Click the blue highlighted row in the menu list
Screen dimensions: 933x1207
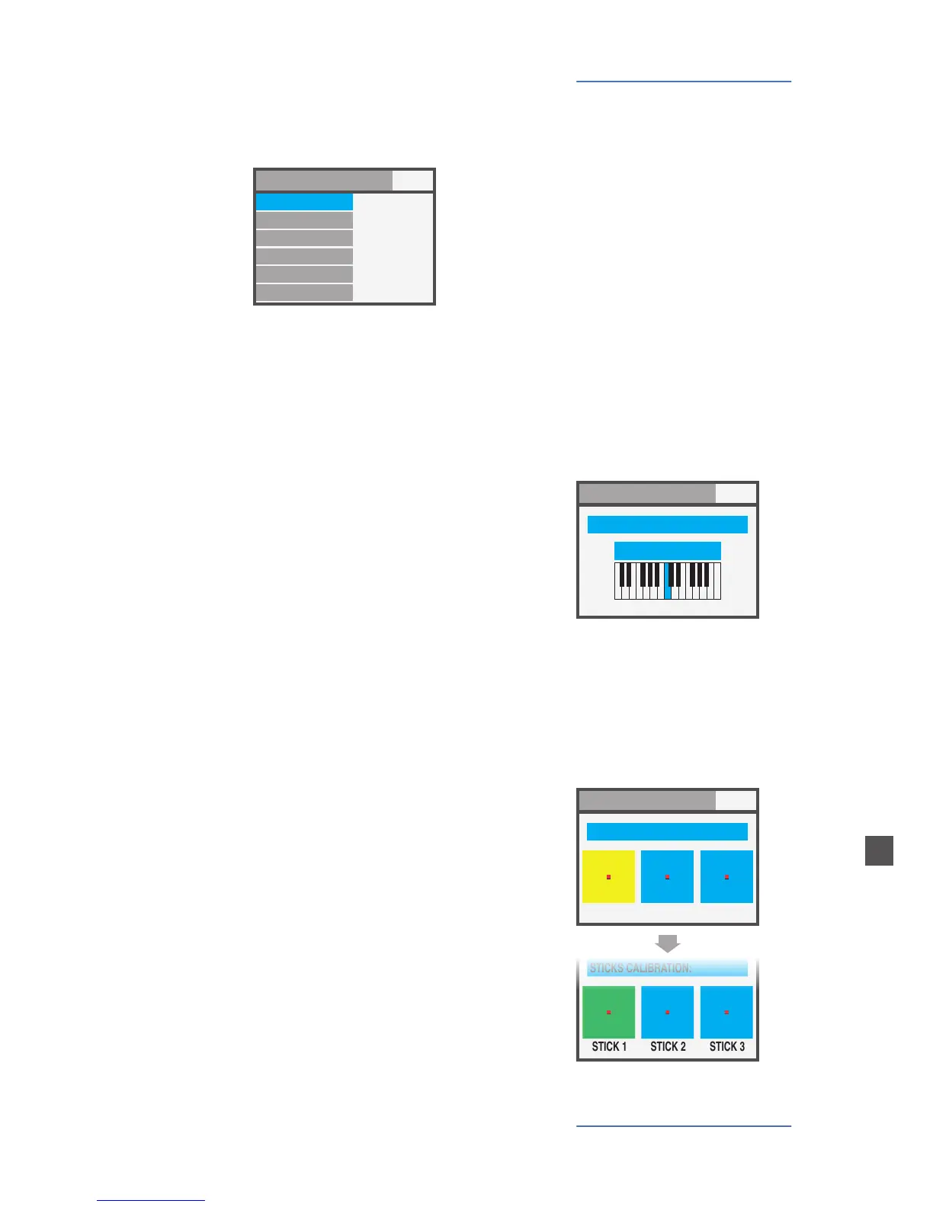point(304,202)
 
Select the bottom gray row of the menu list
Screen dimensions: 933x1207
point(304,293)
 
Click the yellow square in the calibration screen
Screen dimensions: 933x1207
point(608,876)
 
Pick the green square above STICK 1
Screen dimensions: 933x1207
point(608,1012)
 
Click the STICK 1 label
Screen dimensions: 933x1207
point(609,1046)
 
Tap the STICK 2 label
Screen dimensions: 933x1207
point(668,1046)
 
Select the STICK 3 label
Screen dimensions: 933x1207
point(727,1046)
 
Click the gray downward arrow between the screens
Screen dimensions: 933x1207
point(668,943)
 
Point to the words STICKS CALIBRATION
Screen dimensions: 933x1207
point(640,968)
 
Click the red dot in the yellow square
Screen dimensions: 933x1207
point(608,877)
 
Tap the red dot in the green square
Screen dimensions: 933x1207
point(608,1013)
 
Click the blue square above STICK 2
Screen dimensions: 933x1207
point(668,1012)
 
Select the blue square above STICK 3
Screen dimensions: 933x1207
point(726,1012)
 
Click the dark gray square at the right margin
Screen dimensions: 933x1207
point(879,850)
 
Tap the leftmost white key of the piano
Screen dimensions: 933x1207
point(618,593)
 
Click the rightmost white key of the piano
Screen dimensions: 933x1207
point(717,593)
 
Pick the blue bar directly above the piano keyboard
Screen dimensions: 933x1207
point(668,551)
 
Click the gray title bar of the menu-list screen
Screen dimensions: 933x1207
point(324,181)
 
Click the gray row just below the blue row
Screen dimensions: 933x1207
point(304,220)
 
